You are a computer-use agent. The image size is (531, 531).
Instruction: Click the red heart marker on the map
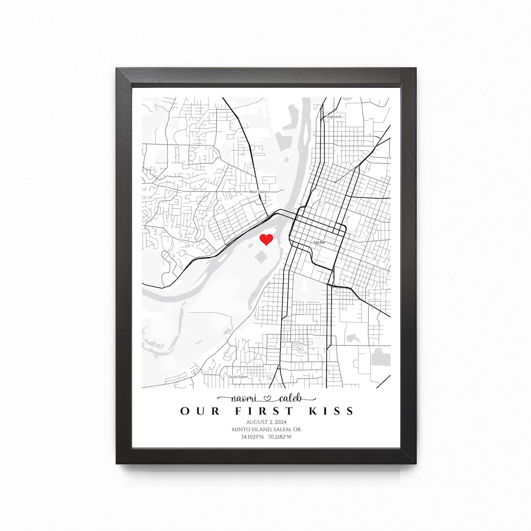pos(266,239)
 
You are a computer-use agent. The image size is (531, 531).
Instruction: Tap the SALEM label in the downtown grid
pos(319,242)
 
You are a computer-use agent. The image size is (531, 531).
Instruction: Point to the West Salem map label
pos(259,192)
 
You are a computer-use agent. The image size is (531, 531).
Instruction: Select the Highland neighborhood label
pos(333,117)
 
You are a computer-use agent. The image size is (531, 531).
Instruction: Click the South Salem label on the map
pos(238,377)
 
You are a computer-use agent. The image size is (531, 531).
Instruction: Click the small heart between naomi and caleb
pos(267,398)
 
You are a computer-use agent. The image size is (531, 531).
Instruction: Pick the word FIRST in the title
pos(257,411)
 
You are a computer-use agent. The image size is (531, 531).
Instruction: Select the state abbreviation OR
pos(297,429)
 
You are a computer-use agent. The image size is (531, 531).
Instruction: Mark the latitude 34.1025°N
pos(252,437)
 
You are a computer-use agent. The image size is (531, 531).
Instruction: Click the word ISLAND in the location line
pos(264,429)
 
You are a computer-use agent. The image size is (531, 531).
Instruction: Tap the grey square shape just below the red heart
pos(261,257)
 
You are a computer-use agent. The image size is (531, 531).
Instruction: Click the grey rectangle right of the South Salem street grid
pos(381,357)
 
